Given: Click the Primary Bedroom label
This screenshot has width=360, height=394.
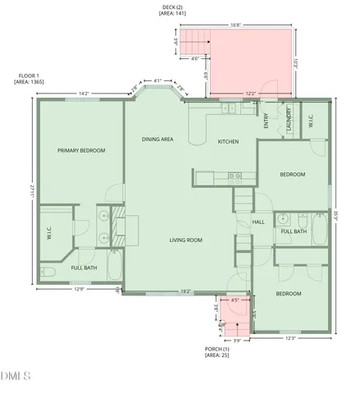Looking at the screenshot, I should click(80, 150).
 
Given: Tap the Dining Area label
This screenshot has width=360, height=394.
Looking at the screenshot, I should click(157, 140).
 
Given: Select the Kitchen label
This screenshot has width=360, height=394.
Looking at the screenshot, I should click(228, 142).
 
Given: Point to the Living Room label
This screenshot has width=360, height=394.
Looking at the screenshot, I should click(185, 240).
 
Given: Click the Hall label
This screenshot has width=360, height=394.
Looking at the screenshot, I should click(257, 222).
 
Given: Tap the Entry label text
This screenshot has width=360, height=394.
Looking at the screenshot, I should click(267, 121).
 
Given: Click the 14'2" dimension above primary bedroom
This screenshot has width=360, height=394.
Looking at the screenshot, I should click(84, 94).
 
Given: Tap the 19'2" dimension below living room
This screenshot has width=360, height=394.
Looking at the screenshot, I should click(185, 291).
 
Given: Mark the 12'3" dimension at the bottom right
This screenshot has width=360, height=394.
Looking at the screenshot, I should click(290, 337).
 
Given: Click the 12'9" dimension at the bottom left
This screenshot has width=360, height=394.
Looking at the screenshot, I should click(80, 289).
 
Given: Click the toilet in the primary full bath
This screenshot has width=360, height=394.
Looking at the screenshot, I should click(48, 270).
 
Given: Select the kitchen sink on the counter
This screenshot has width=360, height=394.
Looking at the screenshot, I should click(235, 176).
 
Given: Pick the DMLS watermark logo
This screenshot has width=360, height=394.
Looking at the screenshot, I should click(16, 377).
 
